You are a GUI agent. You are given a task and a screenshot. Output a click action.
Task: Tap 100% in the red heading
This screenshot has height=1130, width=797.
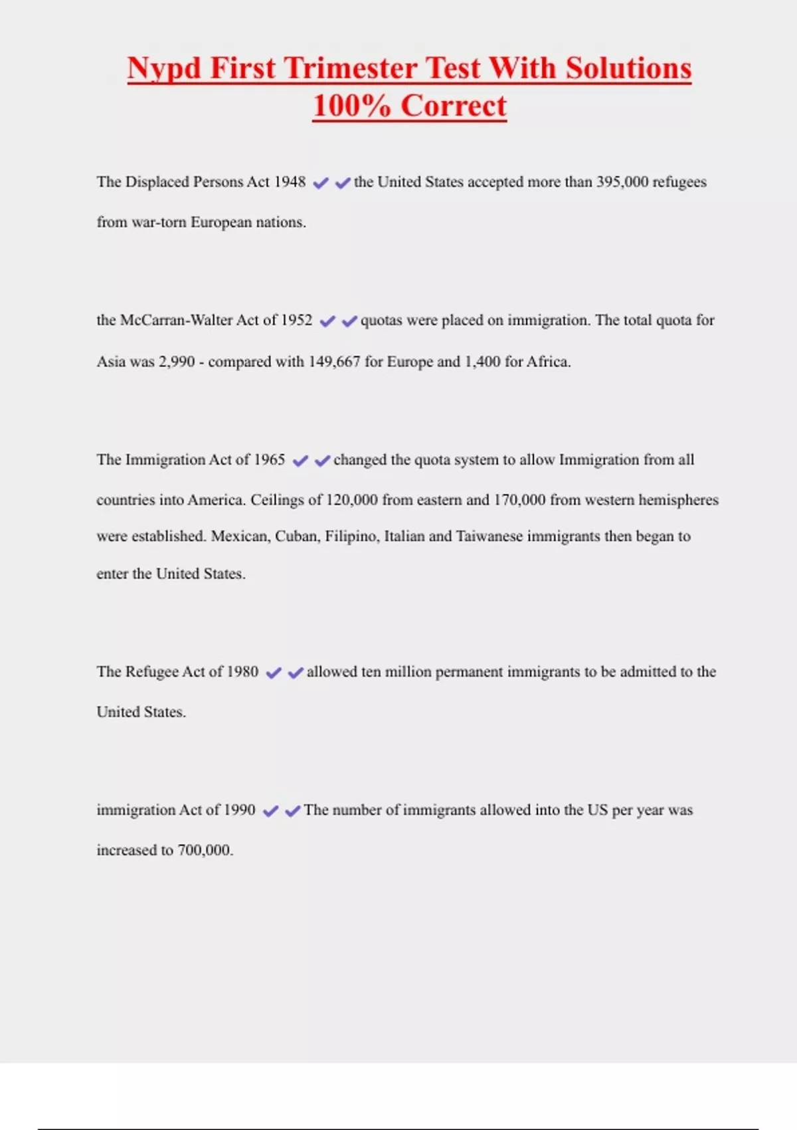click(x=351, y=106)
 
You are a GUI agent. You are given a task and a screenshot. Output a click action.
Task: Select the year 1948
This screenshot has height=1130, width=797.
click(x=290, y=182)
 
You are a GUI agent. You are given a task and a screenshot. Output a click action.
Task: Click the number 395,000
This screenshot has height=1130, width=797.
click(x=622, y=182)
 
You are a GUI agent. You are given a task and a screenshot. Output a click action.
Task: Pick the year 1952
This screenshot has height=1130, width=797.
click(x=296, y=320)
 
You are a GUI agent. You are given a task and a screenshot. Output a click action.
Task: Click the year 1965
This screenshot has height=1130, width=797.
click(x=269, y=460)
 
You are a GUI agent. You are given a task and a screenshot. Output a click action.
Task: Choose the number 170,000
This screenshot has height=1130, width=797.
click(x=519, y=500)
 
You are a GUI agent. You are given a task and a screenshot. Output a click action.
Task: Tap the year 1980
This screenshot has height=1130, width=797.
click(x=242, y=672)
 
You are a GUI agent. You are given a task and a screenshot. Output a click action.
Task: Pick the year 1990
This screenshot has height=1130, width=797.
click(x=239, y=810)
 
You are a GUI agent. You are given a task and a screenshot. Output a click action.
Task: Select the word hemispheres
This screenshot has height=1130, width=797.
click(x=678, y=500)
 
